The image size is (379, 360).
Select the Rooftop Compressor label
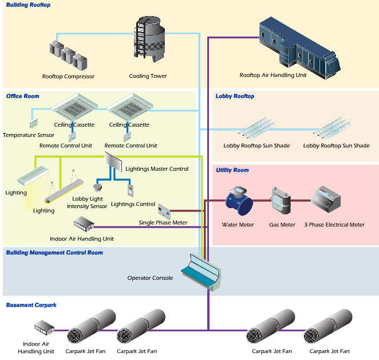pyautogui.click(x=68, y=76)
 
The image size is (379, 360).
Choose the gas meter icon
pyautogui.click(x=281, y=200)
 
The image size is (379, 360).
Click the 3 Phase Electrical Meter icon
pyautogui.click(x=326, y=199)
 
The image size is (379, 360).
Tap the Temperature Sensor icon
pyautogui.click(x=33, y=123)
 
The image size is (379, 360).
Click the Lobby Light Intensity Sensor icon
pyautogui.click(x=97, y=187)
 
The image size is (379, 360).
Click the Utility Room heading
pyautogui.click(x=232, y=170)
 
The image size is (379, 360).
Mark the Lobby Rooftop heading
pyautogui.click(x=235, y=96)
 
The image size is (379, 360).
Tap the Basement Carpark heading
pyautogui.click(x=31, y=305)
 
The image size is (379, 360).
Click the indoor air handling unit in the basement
pyautogui.click(x=44, y=330)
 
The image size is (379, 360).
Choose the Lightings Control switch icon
pyautogui.click(x=131, y=189)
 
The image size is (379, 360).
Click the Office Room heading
pyautogui.click(x=23, y=96)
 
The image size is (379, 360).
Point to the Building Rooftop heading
pyautogui.click(x=28, y=5)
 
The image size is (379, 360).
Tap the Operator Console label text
pyautogui.click(x=150, y=278)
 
